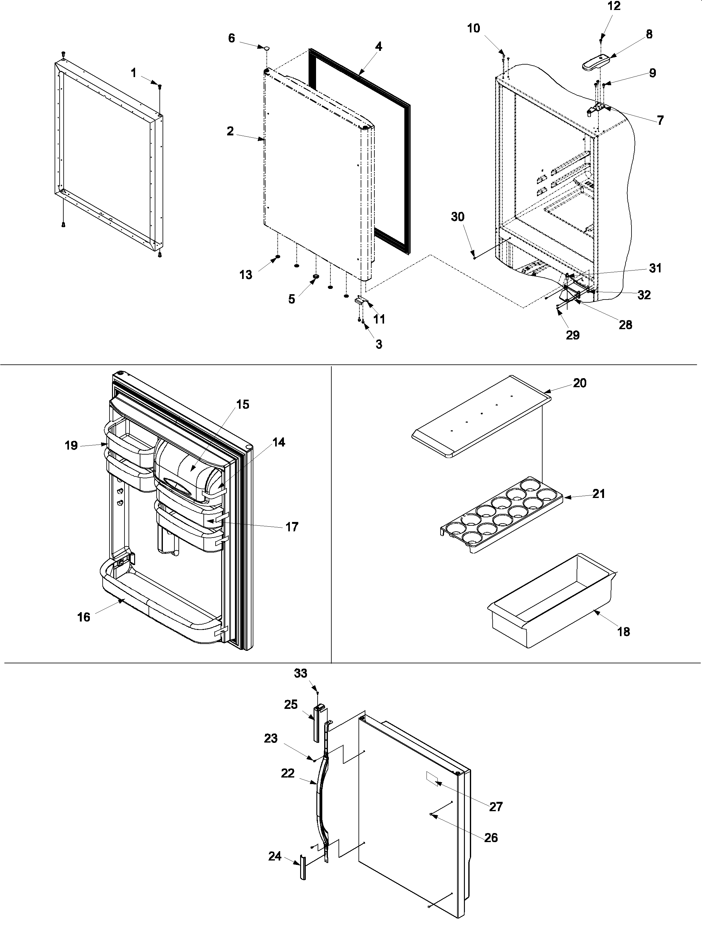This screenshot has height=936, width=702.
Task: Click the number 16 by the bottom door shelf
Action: click(84, 617)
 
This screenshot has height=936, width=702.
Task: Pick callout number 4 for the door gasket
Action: click(378, 46)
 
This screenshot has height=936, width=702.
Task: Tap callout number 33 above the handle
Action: click(300, 673)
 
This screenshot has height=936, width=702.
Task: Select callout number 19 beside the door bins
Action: click(71, 445)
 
